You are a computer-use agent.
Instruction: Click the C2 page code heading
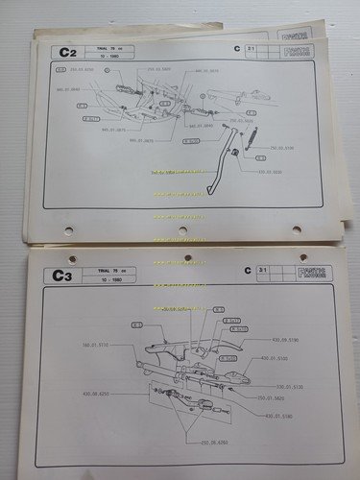click(67, 53)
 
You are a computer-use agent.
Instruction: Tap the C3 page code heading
click(63, 277)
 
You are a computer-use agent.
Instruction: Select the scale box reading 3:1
click(252, 274)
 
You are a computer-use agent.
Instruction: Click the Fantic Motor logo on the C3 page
click(314, 274)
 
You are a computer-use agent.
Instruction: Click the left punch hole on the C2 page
click(68, 230)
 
